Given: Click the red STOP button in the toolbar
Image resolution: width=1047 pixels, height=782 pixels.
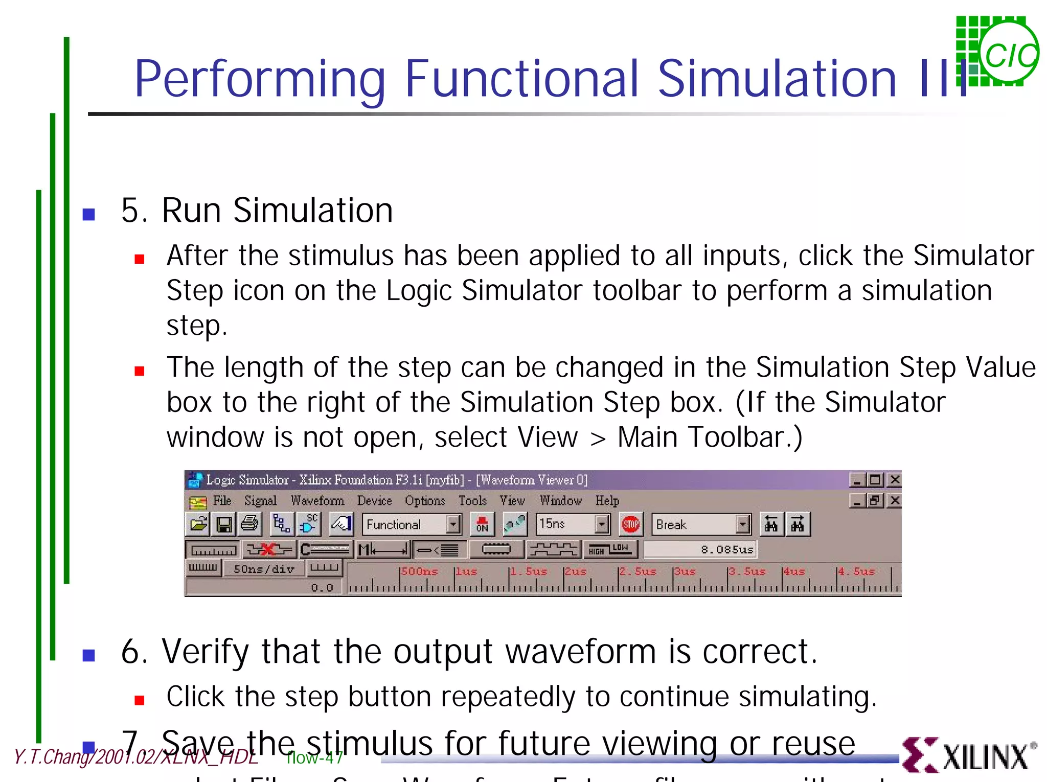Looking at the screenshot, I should [x=630, y=524].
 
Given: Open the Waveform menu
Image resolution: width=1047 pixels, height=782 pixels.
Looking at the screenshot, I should [x=317, y=500].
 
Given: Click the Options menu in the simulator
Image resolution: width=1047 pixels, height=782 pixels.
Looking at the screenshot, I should [x=424, y=500].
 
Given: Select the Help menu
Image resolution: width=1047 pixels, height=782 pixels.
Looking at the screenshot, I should [x=607, y=500].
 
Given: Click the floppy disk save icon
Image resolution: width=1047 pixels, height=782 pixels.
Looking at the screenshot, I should [x=224, y=524].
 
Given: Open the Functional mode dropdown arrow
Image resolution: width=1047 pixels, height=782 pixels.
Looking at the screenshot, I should [x=453, y=524].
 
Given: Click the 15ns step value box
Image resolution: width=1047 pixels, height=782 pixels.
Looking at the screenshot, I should [x=565, y=524].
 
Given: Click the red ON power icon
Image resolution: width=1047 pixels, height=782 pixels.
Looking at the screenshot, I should [x=482, y=524].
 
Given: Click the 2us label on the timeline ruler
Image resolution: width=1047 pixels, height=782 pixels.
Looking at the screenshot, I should [x=575, y=571].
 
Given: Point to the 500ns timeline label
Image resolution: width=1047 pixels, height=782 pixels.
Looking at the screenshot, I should [x=419, y=571].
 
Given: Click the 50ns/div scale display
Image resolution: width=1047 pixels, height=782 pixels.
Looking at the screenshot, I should [x=264, y=569].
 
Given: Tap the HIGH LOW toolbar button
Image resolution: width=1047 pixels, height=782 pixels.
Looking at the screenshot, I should [x=609, y=549].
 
